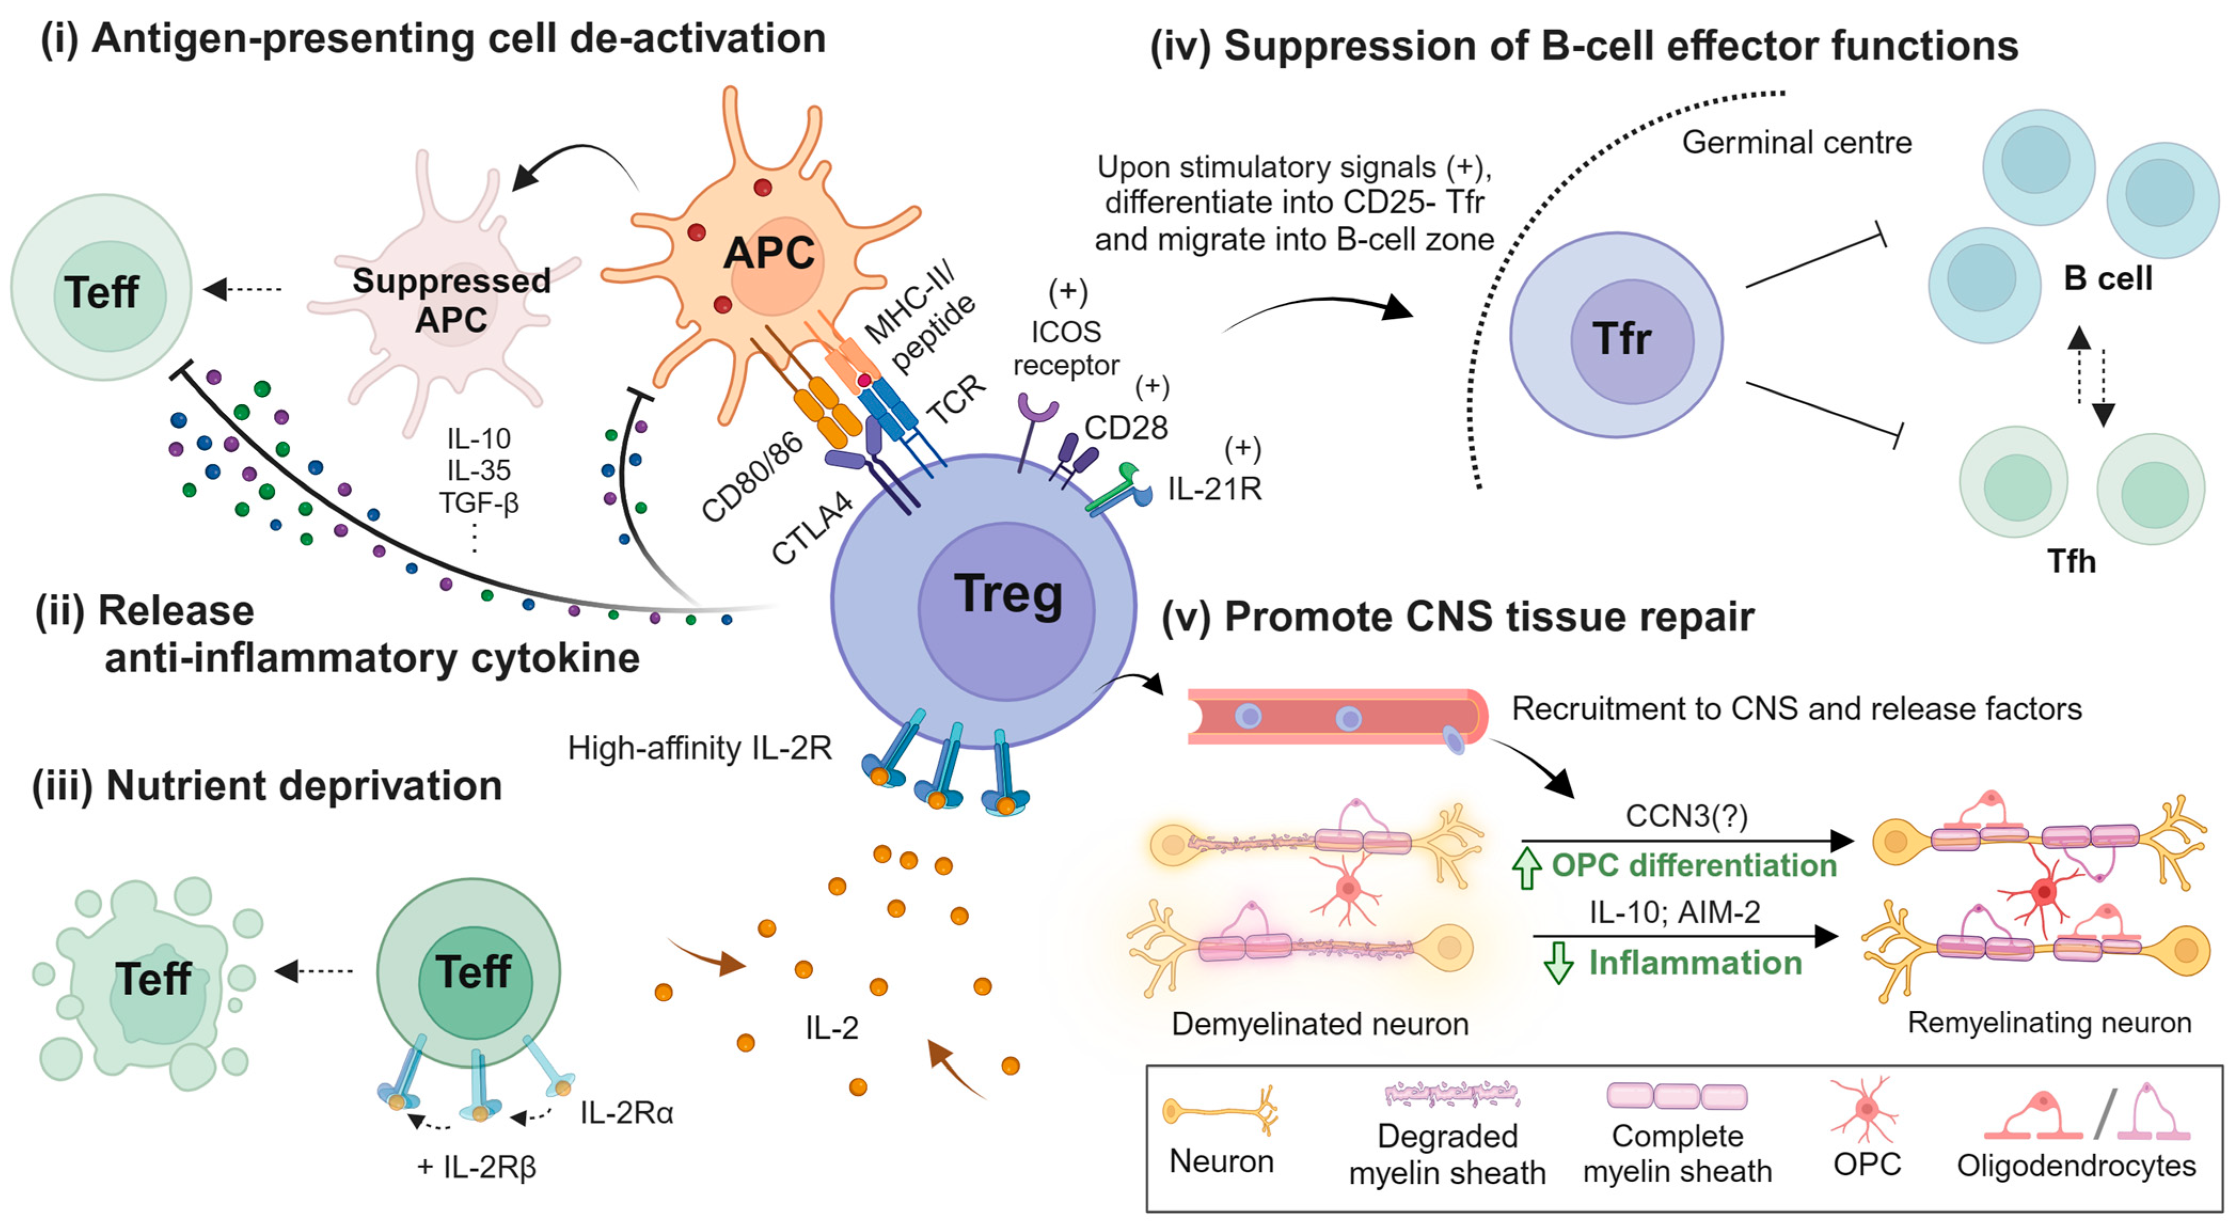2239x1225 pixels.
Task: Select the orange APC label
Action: pyautogui.click(x=769, y=253)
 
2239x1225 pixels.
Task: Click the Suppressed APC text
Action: pyautogui.click(x=451, y=300)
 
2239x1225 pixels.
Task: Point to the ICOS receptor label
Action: pyautogui.click(x=1066, y=348)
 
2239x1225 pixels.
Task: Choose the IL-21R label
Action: pyautogui.click(x=1214, y=490)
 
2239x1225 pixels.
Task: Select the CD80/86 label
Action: pyautogui.click(x=752, y=477)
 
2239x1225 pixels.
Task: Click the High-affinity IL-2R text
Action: pyautogui.click(x=700, y=748)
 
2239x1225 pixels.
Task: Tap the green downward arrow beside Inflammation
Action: pyautogui.click(x=1558, y=963)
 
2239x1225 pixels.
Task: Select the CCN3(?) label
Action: pyautogui.click(x=1686, y=816)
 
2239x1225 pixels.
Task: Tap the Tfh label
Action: pyautogui.click(x=2071, y=562)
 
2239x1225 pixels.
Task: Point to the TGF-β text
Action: pyautogui.click(x=478, y=502)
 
